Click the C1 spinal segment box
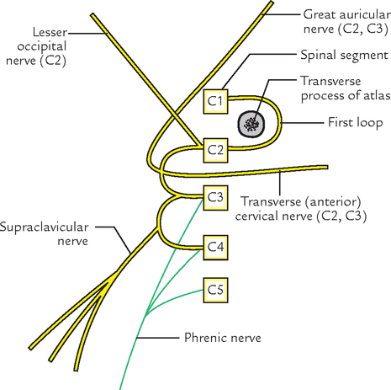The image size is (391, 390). click(x=215, y=101)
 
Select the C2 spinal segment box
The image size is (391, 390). click(x=215, y=150)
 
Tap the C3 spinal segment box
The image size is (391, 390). click(x=215, y=197)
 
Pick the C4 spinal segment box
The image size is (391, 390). click(x=215, y=247)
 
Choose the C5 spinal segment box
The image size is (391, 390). click(x=215, y=290)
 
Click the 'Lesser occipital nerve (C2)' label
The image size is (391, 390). click(x=34, y=49)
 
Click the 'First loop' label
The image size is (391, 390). click(x=352, y=122)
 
